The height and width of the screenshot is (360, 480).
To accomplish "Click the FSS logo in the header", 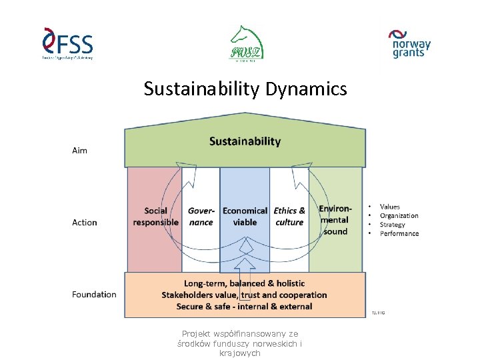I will pyautogui.click(x=67, y=44).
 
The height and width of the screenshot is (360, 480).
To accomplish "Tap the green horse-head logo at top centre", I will pyautogui.click(x=247, y=43).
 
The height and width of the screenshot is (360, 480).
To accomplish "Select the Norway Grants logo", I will pyautogui.click(x=410, y=43).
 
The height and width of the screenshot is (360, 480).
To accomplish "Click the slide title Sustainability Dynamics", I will pyautogui.click(x=245, y=89).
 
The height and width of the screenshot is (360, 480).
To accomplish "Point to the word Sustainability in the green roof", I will pyautogui.click(x=245, y=141).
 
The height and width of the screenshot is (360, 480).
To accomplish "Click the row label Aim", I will pyautogui.click(x=79, y=151).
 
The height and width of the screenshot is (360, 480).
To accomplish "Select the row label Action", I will pyautogui.click(x=85, y=223).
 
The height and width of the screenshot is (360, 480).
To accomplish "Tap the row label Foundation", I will pyautogui.click(x=94, y=294).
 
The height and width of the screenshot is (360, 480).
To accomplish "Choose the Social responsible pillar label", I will pyautogui.click(x=156, y=217).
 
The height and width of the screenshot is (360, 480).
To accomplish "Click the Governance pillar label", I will pyautogui.click(x=201, y=217).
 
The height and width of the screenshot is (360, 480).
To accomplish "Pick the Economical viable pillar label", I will pyautogui.click(x=245, y=217).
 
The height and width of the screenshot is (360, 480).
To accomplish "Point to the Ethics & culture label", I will pyautogui.click(x=289, y=217).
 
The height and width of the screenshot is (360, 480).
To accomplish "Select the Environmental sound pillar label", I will pyautogui.click(x=335, y=220).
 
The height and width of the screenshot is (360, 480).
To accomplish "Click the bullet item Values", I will pyautogui.click(x=390, y=207).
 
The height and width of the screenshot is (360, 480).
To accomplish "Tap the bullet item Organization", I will pyautogui.click(x=399, y=216).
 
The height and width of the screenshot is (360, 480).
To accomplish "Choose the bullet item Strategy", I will pyautogui.click(x=392, y=225).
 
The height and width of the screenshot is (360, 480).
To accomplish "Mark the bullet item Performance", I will pyautogui.click(x=399, y=233).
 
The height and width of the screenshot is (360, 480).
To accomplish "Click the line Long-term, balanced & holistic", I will pyautogui.click(x=244, y=283).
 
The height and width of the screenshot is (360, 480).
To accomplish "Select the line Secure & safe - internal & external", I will pyautogui.click(x=244, y=307).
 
